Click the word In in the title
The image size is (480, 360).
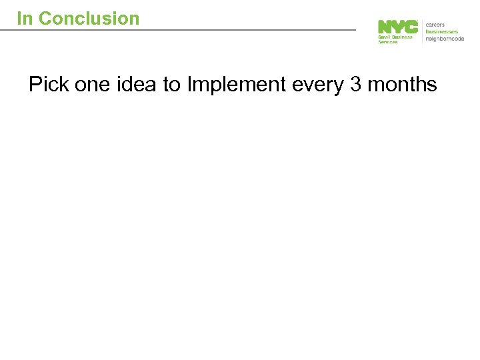point(25,19)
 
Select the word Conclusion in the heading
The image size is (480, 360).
point(89,19)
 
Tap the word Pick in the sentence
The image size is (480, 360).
point(48,85)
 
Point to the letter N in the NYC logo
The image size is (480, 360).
point(385,27)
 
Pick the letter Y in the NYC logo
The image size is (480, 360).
point(398,27)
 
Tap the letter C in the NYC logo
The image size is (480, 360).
point(411,27)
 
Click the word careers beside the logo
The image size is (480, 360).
point(437,23)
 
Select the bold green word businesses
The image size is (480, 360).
point(442,31)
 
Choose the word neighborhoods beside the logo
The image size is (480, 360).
point(445,38)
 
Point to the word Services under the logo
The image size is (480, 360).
point(388,42)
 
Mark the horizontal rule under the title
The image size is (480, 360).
point(187,29)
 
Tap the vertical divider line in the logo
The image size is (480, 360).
point(422,31)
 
